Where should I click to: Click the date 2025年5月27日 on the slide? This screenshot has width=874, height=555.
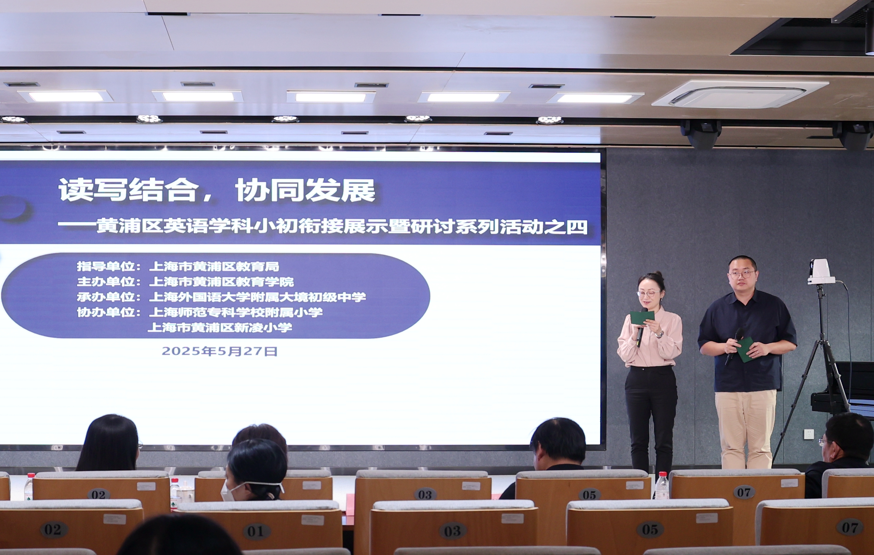click(220, 351)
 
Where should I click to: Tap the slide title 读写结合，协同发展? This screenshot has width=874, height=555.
click(217, 190)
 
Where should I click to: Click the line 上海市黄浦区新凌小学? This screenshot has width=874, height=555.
click(220, 328)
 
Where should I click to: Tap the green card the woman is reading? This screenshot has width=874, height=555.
click(642, 317)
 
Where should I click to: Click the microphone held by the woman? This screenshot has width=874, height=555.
click(640, 332)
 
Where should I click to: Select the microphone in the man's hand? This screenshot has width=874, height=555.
click(733, 345)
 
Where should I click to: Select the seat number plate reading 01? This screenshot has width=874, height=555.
click(256, 531)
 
